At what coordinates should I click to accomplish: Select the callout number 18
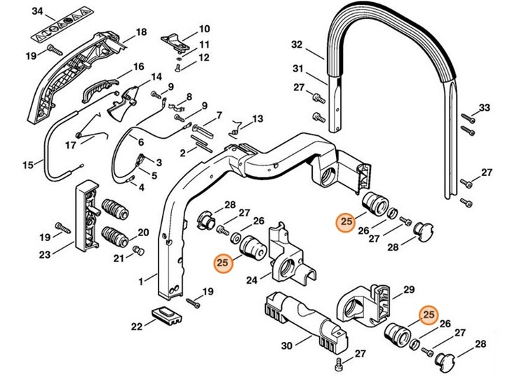141,32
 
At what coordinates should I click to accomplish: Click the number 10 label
204,29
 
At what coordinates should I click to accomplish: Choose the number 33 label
484,107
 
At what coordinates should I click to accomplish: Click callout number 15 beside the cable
28,165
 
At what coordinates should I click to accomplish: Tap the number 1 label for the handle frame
142,281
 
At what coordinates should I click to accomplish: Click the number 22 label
137,326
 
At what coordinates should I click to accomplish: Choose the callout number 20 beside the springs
143,233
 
